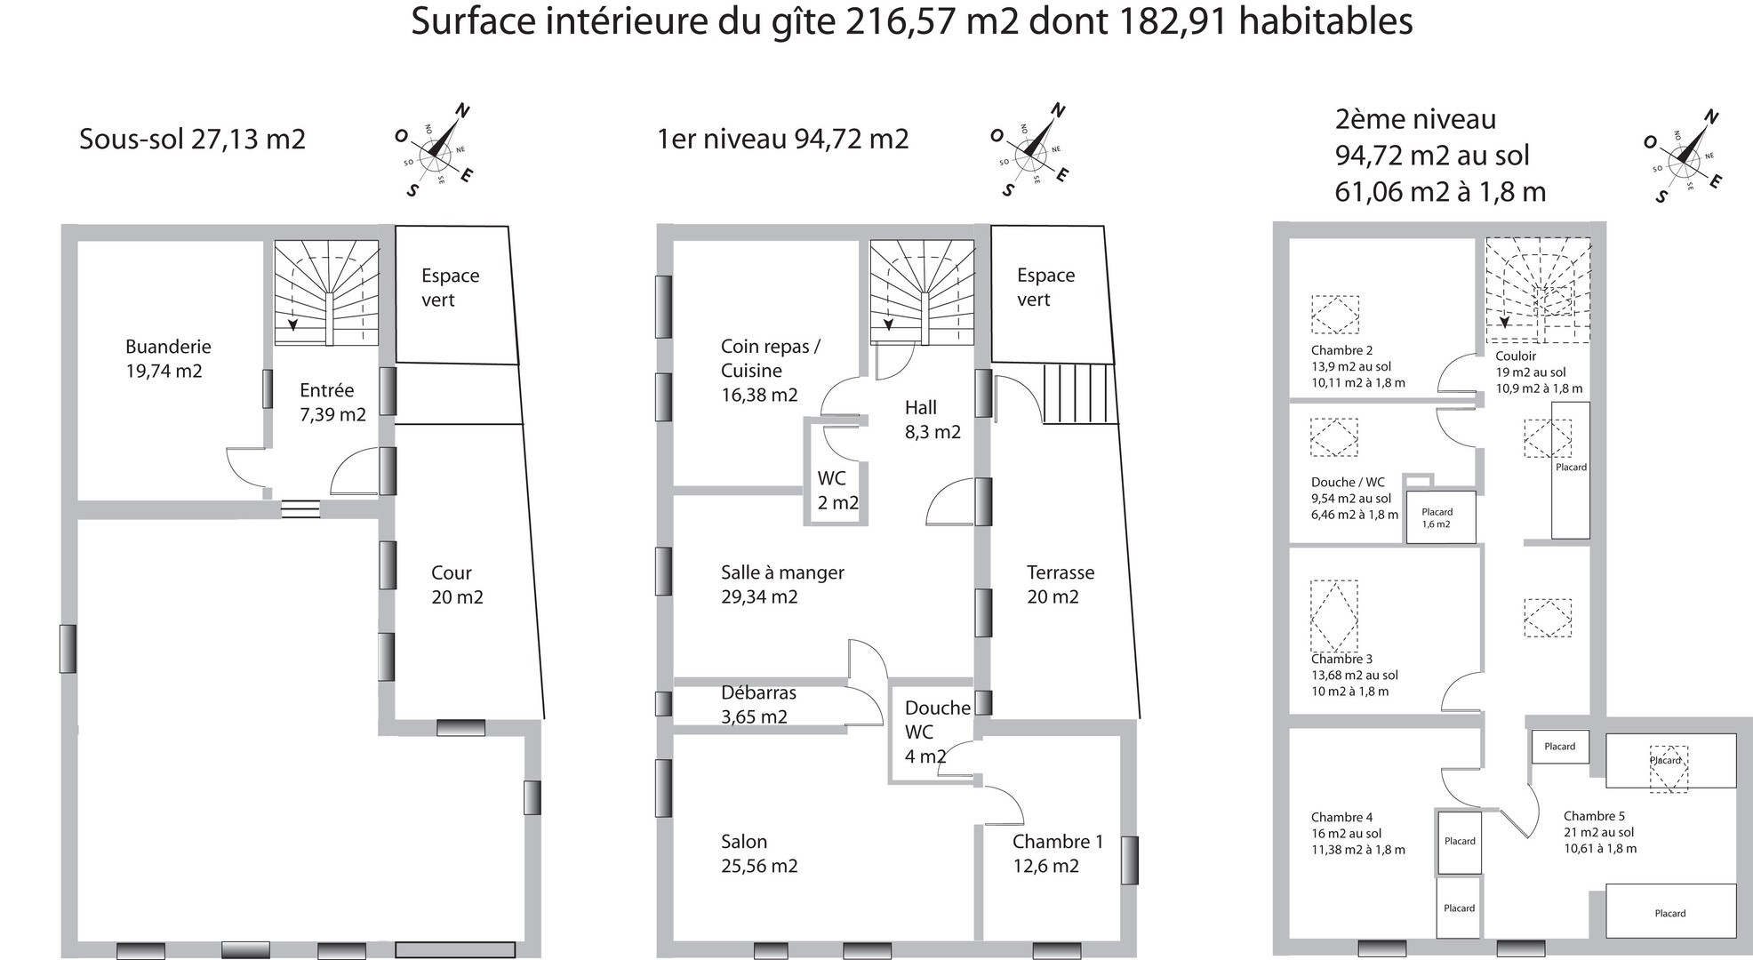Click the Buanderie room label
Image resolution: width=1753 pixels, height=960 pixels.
click(168, 358)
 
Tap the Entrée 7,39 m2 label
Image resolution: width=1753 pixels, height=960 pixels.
click(332, 402)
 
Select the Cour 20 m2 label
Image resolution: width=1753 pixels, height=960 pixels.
click(457, 585)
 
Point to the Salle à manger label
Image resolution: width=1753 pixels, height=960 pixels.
click(782, 585)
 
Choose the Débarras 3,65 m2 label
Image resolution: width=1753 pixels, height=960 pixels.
click(758, 704)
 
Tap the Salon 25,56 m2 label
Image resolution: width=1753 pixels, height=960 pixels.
click(759, 853)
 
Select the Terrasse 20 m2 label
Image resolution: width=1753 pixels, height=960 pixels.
click(1061, 585)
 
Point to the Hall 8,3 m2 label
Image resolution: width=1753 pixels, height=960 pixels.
click(933, 420)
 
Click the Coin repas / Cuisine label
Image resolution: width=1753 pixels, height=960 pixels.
click(770, 371)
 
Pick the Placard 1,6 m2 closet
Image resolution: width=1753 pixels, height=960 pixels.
click(1440, 517)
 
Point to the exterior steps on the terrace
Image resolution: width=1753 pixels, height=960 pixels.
click(1079, 394)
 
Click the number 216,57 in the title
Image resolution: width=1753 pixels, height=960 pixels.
click(907, 21)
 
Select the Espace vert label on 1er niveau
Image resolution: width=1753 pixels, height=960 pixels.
click(1045, 287)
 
